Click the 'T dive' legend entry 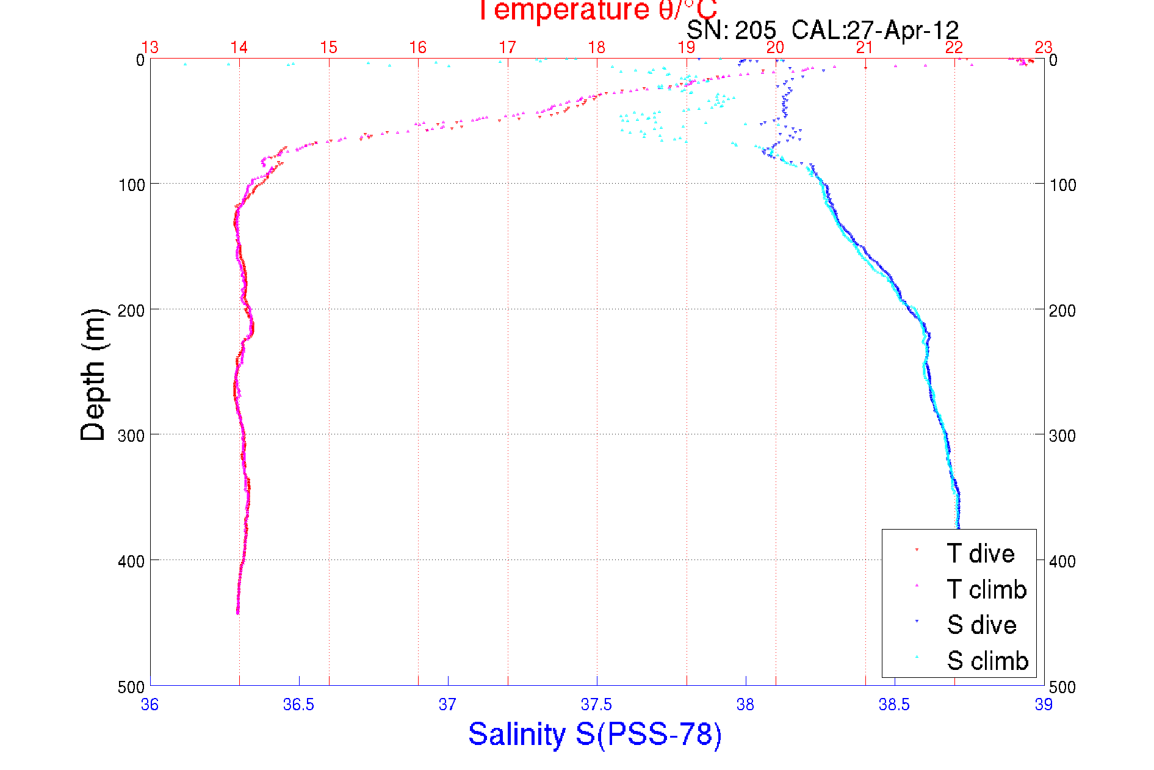coord(980,553)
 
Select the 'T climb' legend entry coord(986,589)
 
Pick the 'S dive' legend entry coord(981,625)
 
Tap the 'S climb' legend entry coord(987,661)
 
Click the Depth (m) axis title coord(93,375)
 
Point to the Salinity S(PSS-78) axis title coord(595,734)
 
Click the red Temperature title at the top coord(597,10)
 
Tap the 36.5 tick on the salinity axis coord(298,705)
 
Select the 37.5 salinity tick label coord(596,705)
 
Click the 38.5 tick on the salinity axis coord(894,705)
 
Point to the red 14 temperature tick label coord(239,48)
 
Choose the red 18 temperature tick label coord(596,48)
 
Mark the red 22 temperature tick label coord(954,48)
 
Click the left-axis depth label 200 coord(131,311)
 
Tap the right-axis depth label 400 coord(1062,561)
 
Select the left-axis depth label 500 coord(131,687)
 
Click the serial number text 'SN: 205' coord(731,30)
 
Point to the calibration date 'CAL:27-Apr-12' coord(875,30)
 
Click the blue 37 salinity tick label coord(447,705)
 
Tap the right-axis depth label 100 coord(1062,185)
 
